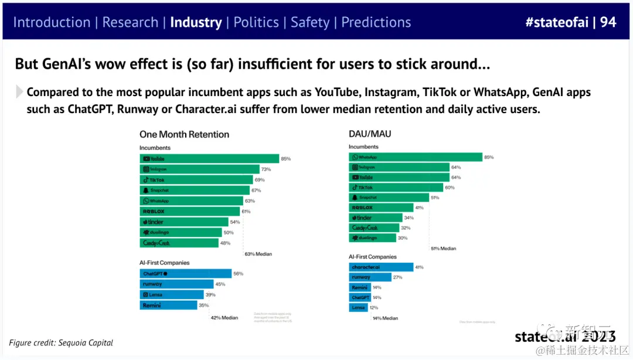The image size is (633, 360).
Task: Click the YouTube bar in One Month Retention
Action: coord(209,159)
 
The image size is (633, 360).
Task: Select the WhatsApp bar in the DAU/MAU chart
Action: coord(415,157)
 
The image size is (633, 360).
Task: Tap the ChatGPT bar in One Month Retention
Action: coord(185,274)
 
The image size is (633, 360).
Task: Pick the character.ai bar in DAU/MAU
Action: coord(381,267)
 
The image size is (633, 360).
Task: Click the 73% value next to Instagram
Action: coord(266,169)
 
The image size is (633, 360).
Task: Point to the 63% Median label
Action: coord(258,254)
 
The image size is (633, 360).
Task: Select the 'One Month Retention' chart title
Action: coord(184,134)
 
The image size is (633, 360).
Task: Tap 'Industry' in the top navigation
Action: coord(196,22)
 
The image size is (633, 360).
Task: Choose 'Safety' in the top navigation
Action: coord(310,22)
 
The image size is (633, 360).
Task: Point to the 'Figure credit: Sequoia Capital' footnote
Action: coord(61,342)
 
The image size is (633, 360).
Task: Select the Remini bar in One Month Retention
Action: coord(169,305)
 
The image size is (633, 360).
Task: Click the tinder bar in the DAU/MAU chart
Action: coord(375,218)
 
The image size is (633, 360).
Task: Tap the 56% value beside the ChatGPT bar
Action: coord(238,274)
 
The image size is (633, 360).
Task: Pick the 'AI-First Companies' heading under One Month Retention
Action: coord(164,263)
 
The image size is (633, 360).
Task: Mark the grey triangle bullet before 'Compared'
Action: coord(19,92)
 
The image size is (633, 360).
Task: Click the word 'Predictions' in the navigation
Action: coord(376,22)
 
